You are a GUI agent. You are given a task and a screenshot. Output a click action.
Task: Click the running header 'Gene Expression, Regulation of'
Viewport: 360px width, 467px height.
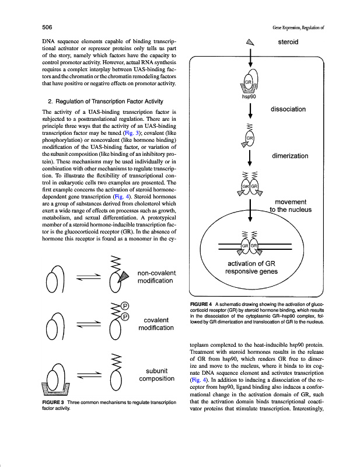point(298,27)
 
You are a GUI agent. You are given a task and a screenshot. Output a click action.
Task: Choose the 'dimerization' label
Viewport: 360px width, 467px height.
point(295,156)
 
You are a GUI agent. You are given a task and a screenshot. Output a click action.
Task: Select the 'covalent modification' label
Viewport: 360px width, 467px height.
point(155,323)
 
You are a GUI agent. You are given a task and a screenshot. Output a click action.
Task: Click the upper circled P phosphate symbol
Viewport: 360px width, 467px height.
point(124,305)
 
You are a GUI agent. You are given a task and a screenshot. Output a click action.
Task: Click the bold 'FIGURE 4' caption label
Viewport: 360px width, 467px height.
point(201,304)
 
